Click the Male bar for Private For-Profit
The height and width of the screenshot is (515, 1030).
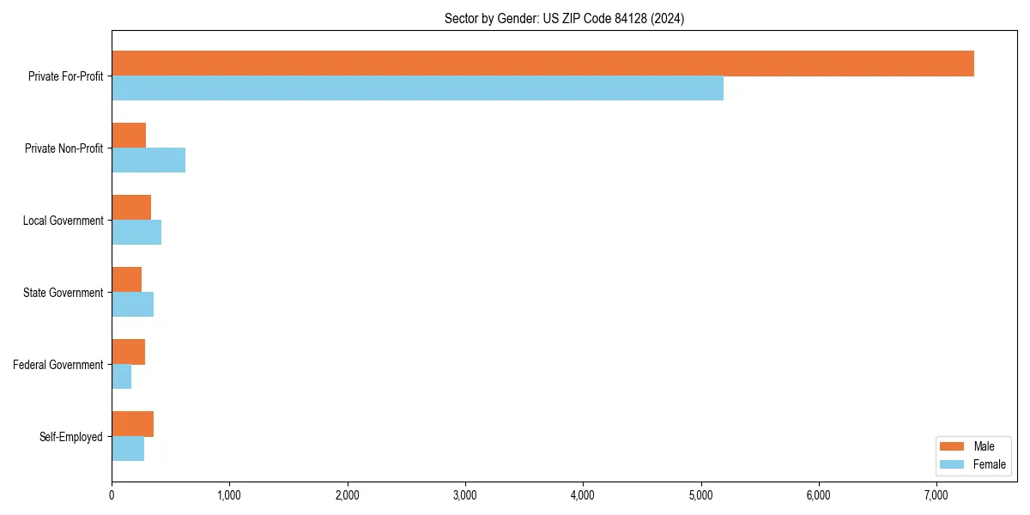tap(542, 64)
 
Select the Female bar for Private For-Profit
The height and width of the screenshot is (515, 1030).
tap(417, 88)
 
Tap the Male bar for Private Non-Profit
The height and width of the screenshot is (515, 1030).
tap(129, 136)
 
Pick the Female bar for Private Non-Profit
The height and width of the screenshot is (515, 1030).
tap(148, 161)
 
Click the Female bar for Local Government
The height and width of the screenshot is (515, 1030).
tap(136, 233)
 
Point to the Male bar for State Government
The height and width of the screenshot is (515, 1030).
tap(127, 280)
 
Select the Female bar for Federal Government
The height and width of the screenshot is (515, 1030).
tap(122, 377)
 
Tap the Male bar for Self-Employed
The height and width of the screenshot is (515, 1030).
tap(133, 424)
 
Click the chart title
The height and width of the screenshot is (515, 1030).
tap(564, 18)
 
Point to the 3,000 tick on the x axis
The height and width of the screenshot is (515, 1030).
tap(465, 495)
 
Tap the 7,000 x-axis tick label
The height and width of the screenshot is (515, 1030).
tap(936, 495)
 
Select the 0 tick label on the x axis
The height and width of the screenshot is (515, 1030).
tap(112, 495)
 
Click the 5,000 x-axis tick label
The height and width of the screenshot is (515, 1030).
tap(701, 495)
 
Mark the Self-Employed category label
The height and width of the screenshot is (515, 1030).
tap(71, 437)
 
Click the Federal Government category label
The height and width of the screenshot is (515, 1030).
tap(58, 365)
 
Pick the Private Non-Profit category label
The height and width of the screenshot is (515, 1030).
tap(64, 148)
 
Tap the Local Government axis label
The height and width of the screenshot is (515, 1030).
tap(63, 221)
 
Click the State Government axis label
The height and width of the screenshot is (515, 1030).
tap(63, 293)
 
